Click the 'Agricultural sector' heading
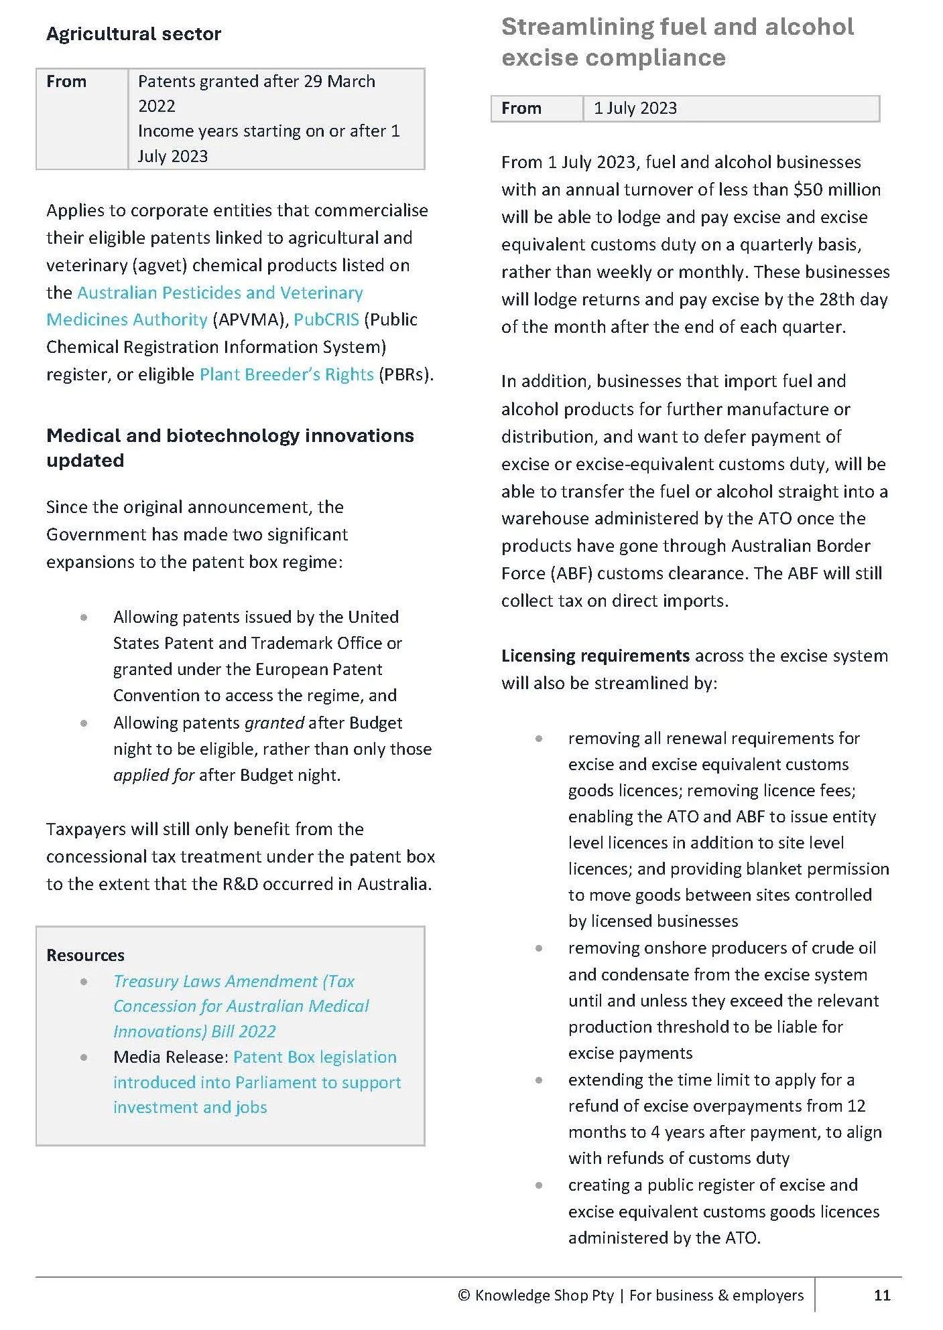coord(133,34)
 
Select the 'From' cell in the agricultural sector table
coord(66,82)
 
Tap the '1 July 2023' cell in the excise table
coord(635,108)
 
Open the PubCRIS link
coord(326,319)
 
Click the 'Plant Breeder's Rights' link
coord(286,374)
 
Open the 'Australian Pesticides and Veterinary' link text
coord(220,293)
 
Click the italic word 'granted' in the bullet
coord(274,723)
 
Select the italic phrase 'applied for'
coord(153,775)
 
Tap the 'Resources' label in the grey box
coord(85,955)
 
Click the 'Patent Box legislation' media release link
coord(314,1057)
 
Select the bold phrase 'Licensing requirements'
coord(595,656)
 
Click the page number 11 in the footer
coord(882,1295)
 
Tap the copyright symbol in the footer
coord(464,1295)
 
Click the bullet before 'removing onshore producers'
coord(539,948)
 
